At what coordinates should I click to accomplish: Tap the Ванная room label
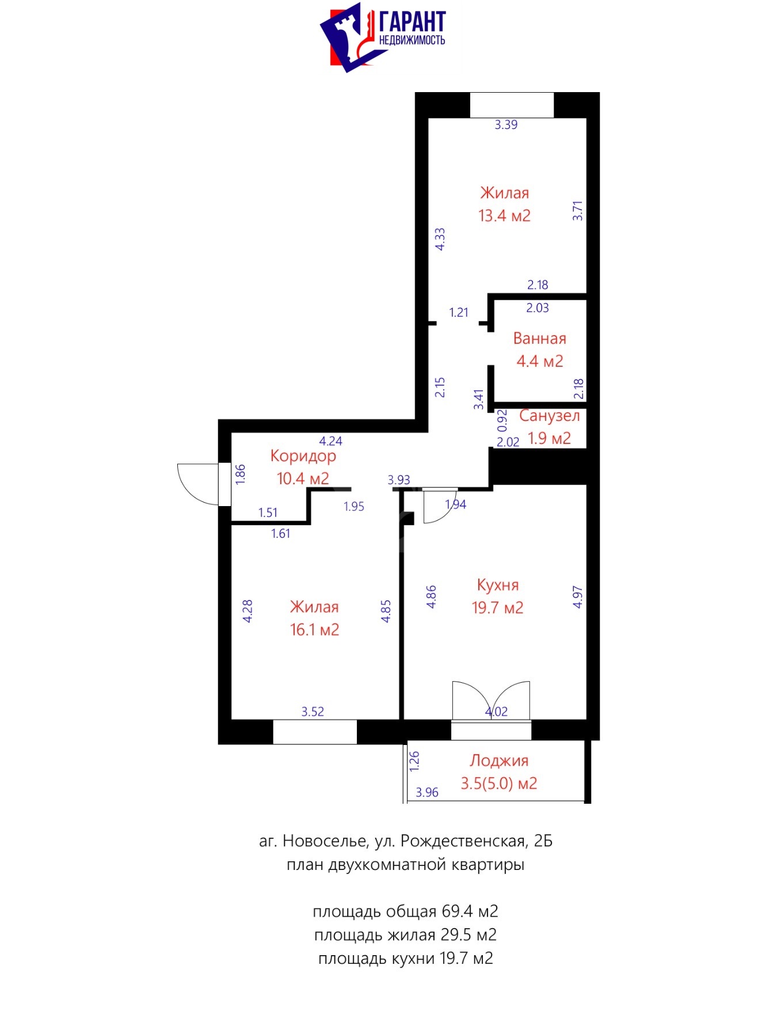(x=539, y=339)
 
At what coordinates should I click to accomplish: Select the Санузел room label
(x=549, y=416)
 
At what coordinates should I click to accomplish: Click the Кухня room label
(x=498, y=585)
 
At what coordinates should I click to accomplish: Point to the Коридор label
(x=303, y=456)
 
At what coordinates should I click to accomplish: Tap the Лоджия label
(x=499, y=761)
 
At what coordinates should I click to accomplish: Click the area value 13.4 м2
(x=504, y=216)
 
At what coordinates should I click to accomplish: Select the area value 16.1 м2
(x=314, y=630)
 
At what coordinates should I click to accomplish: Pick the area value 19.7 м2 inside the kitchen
(x=498, y=608)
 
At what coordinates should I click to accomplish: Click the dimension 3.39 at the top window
(x=506, y=124)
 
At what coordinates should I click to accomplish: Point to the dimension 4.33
(x=440, y=239)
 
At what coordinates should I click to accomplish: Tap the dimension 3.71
(x=578, y=211)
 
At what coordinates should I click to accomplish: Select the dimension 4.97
(x=578, y=597)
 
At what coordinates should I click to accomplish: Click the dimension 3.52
(x=313, y=712)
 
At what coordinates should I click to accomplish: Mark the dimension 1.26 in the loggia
(x=414, y=761)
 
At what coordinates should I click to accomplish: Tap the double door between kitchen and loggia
(x=491, y=701)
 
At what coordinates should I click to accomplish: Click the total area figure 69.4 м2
(x=470, y=911)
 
